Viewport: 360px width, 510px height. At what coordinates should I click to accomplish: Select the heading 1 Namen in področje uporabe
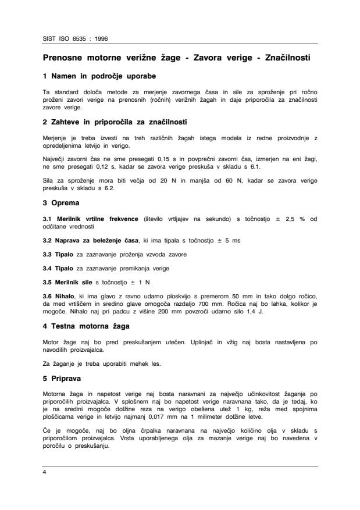point(99,76)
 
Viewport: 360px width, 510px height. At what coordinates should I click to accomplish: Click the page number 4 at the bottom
point(45,473)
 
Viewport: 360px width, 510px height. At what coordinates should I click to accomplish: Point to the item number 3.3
point(49,254)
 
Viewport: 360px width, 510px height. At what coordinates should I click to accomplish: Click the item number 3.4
point(49,269)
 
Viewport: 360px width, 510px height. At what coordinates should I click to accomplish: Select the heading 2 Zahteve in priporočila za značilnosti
point(115,122)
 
